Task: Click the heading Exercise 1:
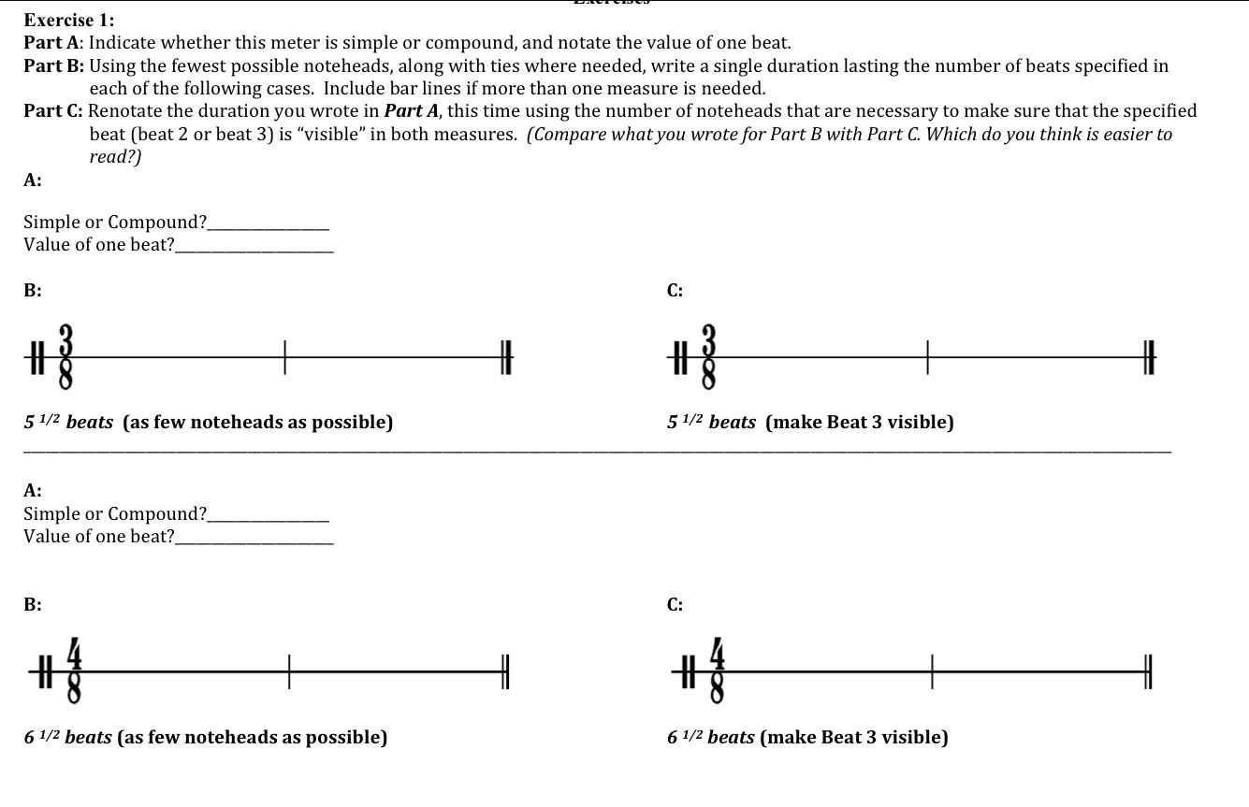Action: tap(69, 20)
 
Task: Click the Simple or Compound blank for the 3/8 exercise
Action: tap(269, 223)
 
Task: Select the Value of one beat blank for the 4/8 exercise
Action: tap(254, 538)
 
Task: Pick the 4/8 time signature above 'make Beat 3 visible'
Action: tap(717, 670)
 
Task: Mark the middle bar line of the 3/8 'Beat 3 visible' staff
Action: tap(927, 357)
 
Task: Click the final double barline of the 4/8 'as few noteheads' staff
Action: tap(504, 671)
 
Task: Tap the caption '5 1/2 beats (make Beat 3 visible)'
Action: tap(810, 422)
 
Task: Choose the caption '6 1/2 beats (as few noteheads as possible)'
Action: tap(206, 737)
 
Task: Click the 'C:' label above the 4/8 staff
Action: tap(675, 605)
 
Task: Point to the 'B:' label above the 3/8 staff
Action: tap(33, 291)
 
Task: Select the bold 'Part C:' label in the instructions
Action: tap(53, 111)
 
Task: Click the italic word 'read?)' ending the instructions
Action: tap(115, 156)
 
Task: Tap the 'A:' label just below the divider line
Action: tap(33, 490)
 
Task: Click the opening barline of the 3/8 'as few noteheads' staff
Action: tap(36, 357)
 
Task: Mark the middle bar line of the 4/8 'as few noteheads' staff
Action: tap(289, 671)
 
